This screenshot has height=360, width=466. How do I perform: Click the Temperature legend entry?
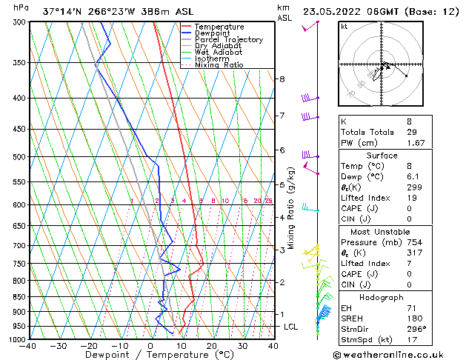pyautogui.click(x=219, y=27)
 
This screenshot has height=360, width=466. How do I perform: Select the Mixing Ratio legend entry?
pyautogui.click(x=219, y=65)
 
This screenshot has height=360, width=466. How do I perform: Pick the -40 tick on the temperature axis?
pyautogui.click(x=29, y=346)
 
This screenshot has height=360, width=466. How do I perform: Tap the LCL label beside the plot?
pyautogui.click(x=290, y=327)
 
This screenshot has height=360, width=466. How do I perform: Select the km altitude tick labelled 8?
pyautogui.click(x=282, y=79)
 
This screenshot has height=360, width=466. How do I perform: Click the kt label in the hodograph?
pyautogui.click(x=344, y=27)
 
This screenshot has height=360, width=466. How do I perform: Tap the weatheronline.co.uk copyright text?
pyautogui.click(x=400, y=354)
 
